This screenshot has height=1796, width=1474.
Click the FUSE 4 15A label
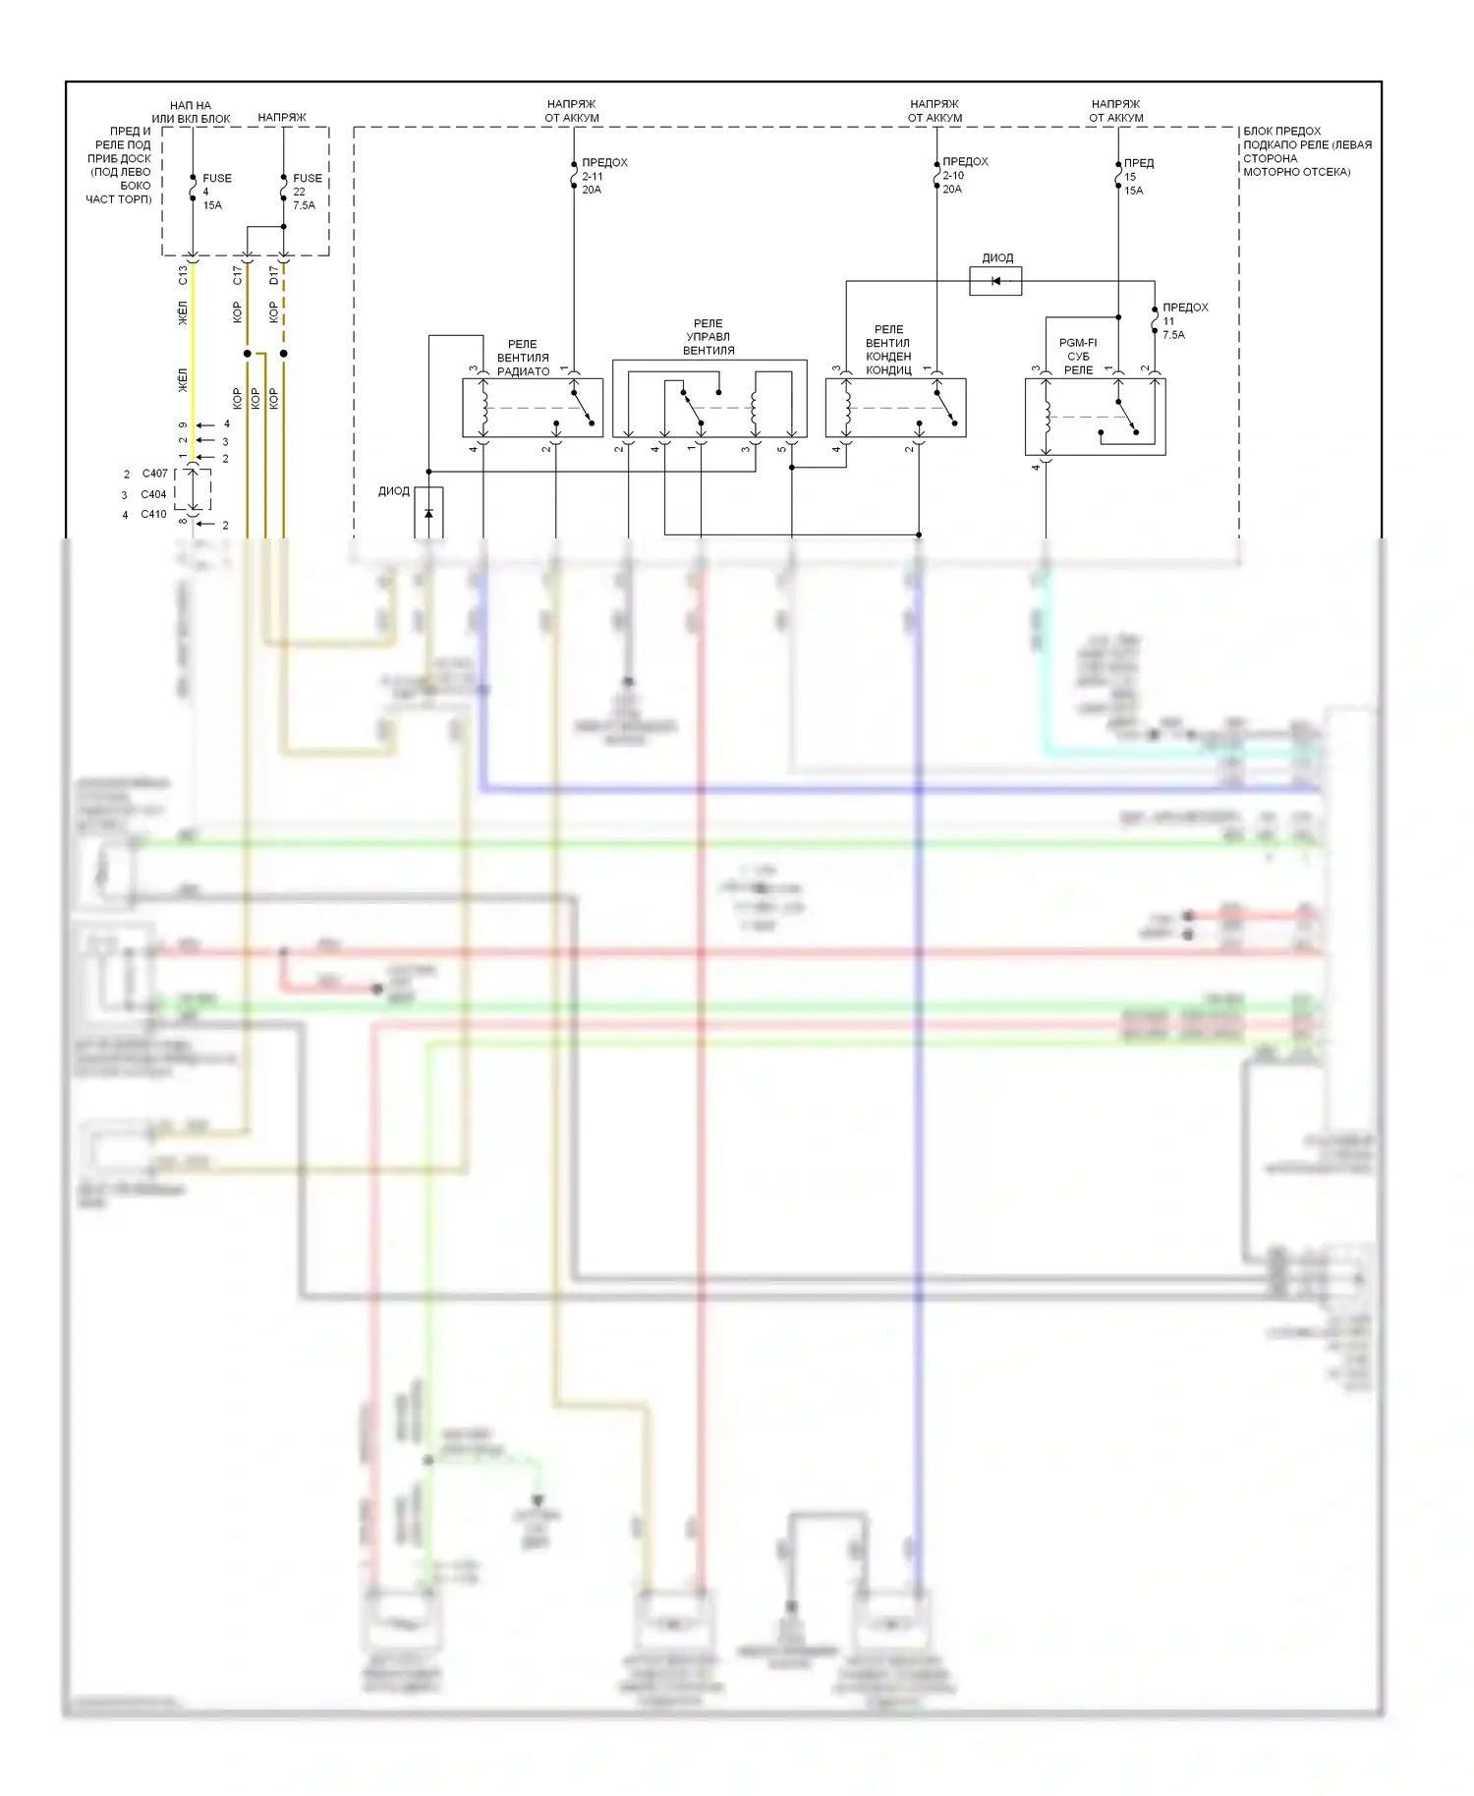[x=216, y=192]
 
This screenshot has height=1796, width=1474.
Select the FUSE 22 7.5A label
[x=306, y=192]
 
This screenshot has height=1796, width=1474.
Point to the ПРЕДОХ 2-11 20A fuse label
[x=603, y=176]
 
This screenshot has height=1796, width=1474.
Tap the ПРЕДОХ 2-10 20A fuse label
[x=964, y=175]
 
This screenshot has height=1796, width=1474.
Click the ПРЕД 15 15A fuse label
[x=1138, y=177]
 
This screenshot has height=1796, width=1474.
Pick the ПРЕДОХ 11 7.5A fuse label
[x=1184, y=321]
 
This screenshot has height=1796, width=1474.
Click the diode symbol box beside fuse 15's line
[x=995, y=282]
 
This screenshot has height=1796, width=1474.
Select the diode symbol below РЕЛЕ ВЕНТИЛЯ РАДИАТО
[x=428, y=513]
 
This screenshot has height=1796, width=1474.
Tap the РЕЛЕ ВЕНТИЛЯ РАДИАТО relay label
[x=523, y=358]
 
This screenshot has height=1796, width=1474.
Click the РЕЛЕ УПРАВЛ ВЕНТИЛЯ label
[x=709, y=337]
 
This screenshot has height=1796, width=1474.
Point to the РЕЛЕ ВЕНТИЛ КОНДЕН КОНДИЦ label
[x=888, y=350]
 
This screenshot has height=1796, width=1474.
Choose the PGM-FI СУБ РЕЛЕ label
[x=1078, y=357]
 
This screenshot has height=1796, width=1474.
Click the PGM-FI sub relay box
[x=1095, y=417]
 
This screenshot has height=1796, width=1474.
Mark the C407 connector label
[x=154, y=474]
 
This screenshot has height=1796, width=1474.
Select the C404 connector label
[x=153, y=494]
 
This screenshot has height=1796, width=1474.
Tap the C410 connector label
[x=153, y=514]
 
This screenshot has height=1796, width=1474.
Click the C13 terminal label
[x=183, y=275]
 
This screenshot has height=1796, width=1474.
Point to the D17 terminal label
[x=274, y=275]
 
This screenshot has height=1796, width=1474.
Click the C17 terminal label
[x=237, y=275]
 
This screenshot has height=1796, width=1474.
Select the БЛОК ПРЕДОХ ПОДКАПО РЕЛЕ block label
[x=1306, y=151]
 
